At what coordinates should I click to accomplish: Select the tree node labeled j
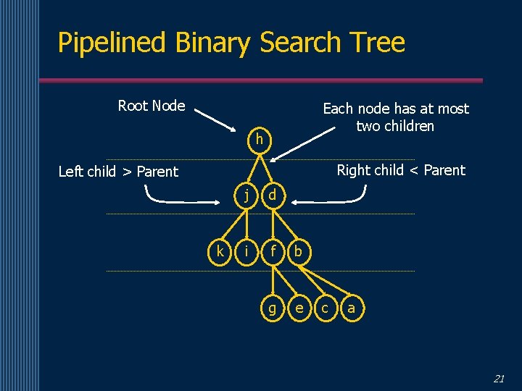(x=248, y=195)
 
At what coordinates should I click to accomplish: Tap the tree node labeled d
(x=272, y=195)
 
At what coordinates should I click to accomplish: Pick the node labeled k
(x=220, y=251)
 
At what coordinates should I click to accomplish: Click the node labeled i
(x=247, y=251)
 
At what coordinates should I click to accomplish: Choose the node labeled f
(x=273, y=251)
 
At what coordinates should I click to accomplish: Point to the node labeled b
(x=299, y=251)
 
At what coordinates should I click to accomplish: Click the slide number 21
(x=499, y=378)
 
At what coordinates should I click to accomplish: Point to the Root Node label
(x=151, y=106)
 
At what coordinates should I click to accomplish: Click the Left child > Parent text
(x=117, y=172)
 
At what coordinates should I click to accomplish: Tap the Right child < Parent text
(x=401, y=170)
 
